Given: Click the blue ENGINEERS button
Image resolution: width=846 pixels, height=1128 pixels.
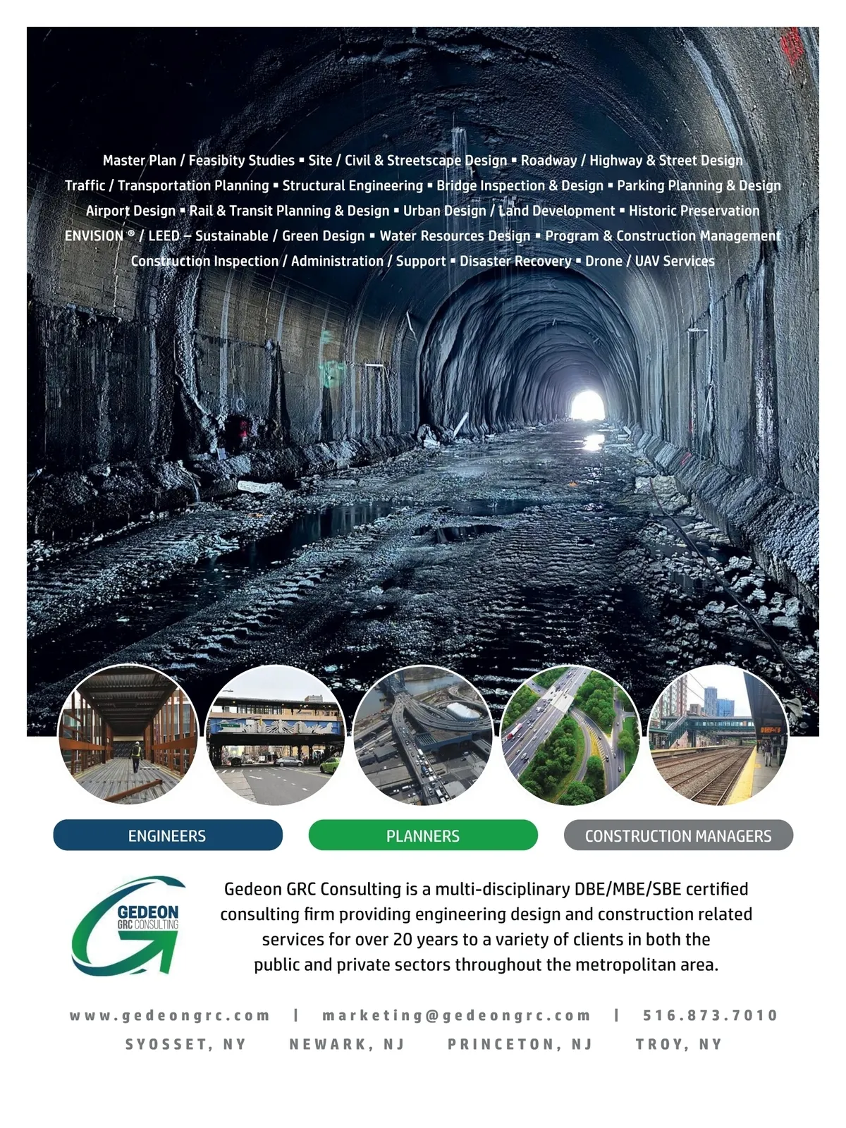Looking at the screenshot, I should click(x=167, y=835).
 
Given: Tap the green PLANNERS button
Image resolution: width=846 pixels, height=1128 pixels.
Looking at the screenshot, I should click(x=423, y=835).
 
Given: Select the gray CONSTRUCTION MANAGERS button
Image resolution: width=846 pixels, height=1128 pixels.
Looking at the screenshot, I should click(x=678, y=835).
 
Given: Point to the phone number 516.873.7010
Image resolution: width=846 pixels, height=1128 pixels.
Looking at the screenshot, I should click(x=710, y=1015).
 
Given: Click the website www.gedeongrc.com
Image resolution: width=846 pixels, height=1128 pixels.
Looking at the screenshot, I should click(x=170, y=1015).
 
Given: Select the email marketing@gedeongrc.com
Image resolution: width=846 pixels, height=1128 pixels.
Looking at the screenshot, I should click(x=456, y=1015).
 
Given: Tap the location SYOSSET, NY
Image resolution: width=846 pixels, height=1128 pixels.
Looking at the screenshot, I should click(x=186, y=1044).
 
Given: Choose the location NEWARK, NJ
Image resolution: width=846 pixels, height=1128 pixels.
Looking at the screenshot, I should click(x=347, y=1044).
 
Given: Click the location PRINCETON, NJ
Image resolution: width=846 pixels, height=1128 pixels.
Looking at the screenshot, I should click(x=520, y=1044).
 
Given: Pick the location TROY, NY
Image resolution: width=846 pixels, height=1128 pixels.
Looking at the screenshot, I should click(x=679, y=1044).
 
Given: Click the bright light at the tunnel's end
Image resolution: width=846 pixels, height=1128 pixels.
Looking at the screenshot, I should click(x=587, y=405).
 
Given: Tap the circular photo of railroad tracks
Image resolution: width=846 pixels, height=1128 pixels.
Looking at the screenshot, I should click(x=717, y=735).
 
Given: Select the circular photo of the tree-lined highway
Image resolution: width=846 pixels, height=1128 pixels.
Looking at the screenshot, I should click(x=570, y=735).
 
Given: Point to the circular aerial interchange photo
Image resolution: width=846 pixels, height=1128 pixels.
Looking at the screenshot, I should click(x=422, y=735).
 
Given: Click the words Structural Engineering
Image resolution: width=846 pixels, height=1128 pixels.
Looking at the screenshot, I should click(x=352, y=185).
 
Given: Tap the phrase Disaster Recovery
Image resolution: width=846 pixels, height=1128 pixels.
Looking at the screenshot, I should click(x=515, y=261).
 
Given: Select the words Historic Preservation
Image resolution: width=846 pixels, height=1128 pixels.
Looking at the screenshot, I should click(x=694, y=211).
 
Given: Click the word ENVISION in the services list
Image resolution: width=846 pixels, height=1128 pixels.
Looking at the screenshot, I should click(x=94, y=236).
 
